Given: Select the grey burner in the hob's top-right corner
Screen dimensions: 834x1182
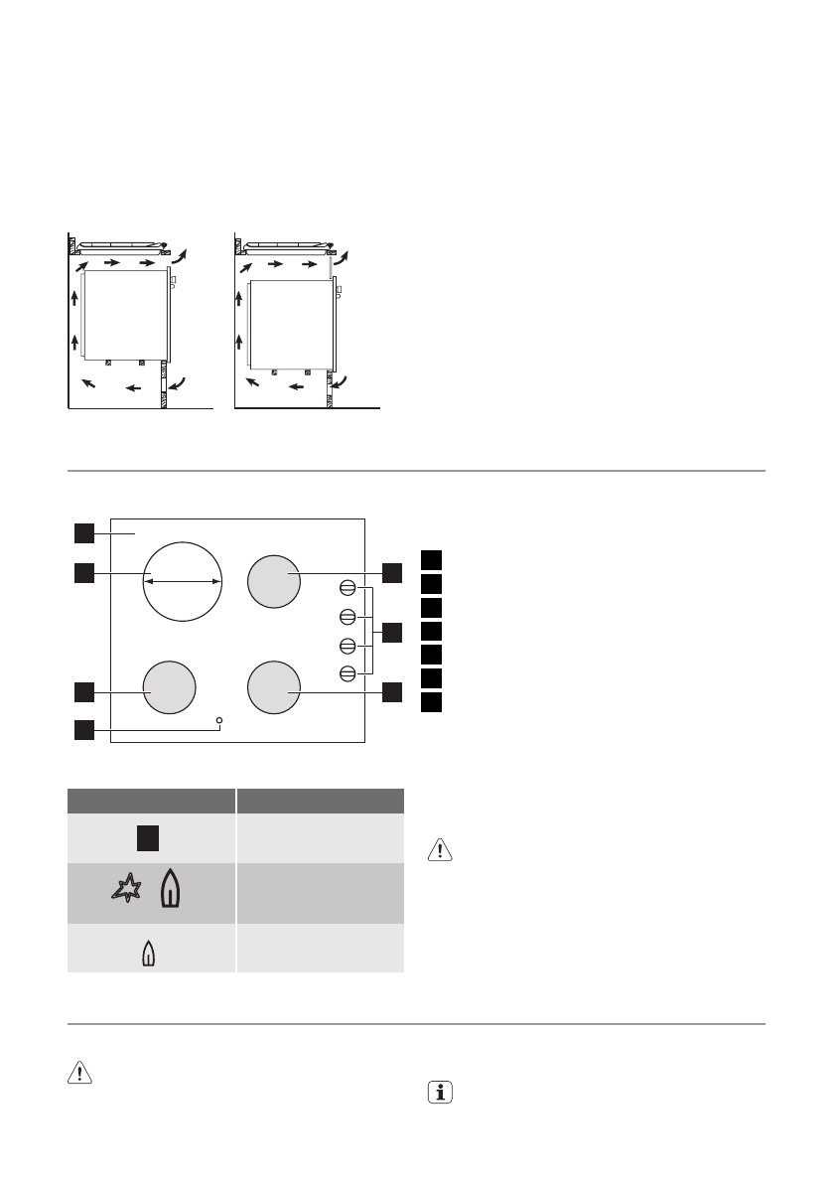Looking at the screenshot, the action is [x=274, y=581].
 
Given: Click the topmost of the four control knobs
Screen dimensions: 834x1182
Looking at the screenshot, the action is [x=347, y=586].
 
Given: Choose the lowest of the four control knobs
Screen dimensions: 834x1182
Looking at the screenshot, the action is [x=347, y=674].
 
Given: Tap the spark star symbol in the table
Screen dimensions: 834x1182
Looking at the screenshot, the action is [x=128, y=891].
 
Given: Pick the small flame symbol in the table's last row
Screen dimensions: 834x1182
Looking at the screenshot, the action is [x=149, y=954].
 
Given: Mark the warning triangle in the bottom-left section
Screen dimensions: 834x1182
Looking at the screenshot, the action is [x=79, y=1072].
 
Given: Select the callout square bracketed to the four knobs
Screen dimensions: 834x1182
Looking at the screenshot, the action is [x=392, y=632].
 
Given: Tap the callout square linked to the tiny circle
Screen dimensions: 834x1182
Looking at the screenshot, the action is [x=82, y=731].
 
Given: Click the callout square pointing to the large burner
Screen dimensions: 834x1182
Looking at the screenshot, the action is [x=82, y=572].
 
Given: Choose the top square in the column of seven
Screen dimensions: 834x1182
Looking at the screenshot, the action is [x=430, y=558].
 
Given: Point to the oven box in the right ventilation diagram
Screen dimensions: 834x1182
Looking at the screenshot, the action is [x=292, y=324].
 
